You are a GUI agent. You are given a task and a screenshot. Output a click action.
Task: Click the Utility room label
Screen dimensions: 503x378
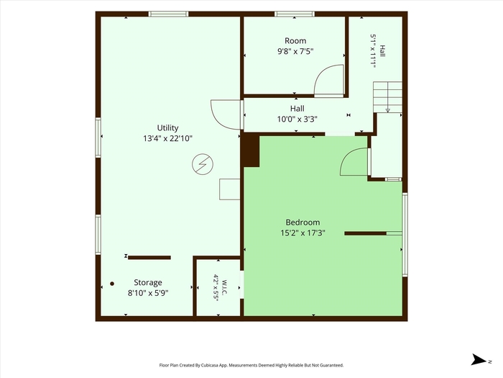click(167, 128)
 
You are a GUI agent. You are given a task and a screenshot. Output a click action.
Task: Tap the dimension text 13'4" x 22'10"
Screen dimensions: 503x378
click(167, 138)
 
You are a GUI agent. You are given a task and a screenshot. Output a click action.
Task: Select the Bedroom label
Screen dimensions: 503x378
click(303, 222)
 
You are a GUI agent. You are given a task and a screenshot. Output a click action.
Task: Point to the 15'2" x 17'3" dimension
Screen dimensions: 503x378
click(303, 233)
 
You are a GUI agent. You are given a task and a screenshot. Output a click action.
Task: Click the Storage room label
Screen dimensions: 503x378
click(147, 282)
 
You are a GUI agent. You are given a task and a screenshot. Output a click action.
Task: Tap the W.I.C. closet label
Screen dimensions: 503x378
click(224, 287)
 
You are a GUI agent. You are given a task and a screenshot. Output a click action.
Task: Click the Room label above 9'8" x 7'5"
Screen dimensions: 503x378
click(295, 41)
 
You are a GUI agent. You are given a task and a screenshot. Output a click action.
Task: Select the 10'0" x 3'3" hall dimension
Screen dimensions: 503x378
click(297, 120)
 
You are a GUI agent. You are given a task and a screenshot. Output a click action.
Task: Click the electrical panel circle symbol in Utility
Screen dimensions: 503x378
click(203, 164)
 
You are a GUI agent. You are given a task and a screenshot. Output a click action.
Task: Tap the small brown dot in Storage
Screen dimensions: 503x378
click(112, 284)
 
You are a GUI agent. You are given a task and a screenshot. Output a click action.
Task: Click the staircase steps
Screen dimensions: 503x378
click(387, 97)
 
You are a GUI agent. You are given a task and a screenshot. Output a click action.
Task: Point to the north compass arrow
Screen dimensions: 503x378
click(479, 360)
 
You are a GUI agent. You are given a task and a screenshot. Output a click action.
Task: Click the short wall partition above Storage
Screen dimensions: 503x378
click(149, 258)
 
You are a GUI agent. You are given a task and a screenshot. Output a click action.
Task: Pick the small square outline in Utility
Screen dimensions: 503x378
click(229, 189)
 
